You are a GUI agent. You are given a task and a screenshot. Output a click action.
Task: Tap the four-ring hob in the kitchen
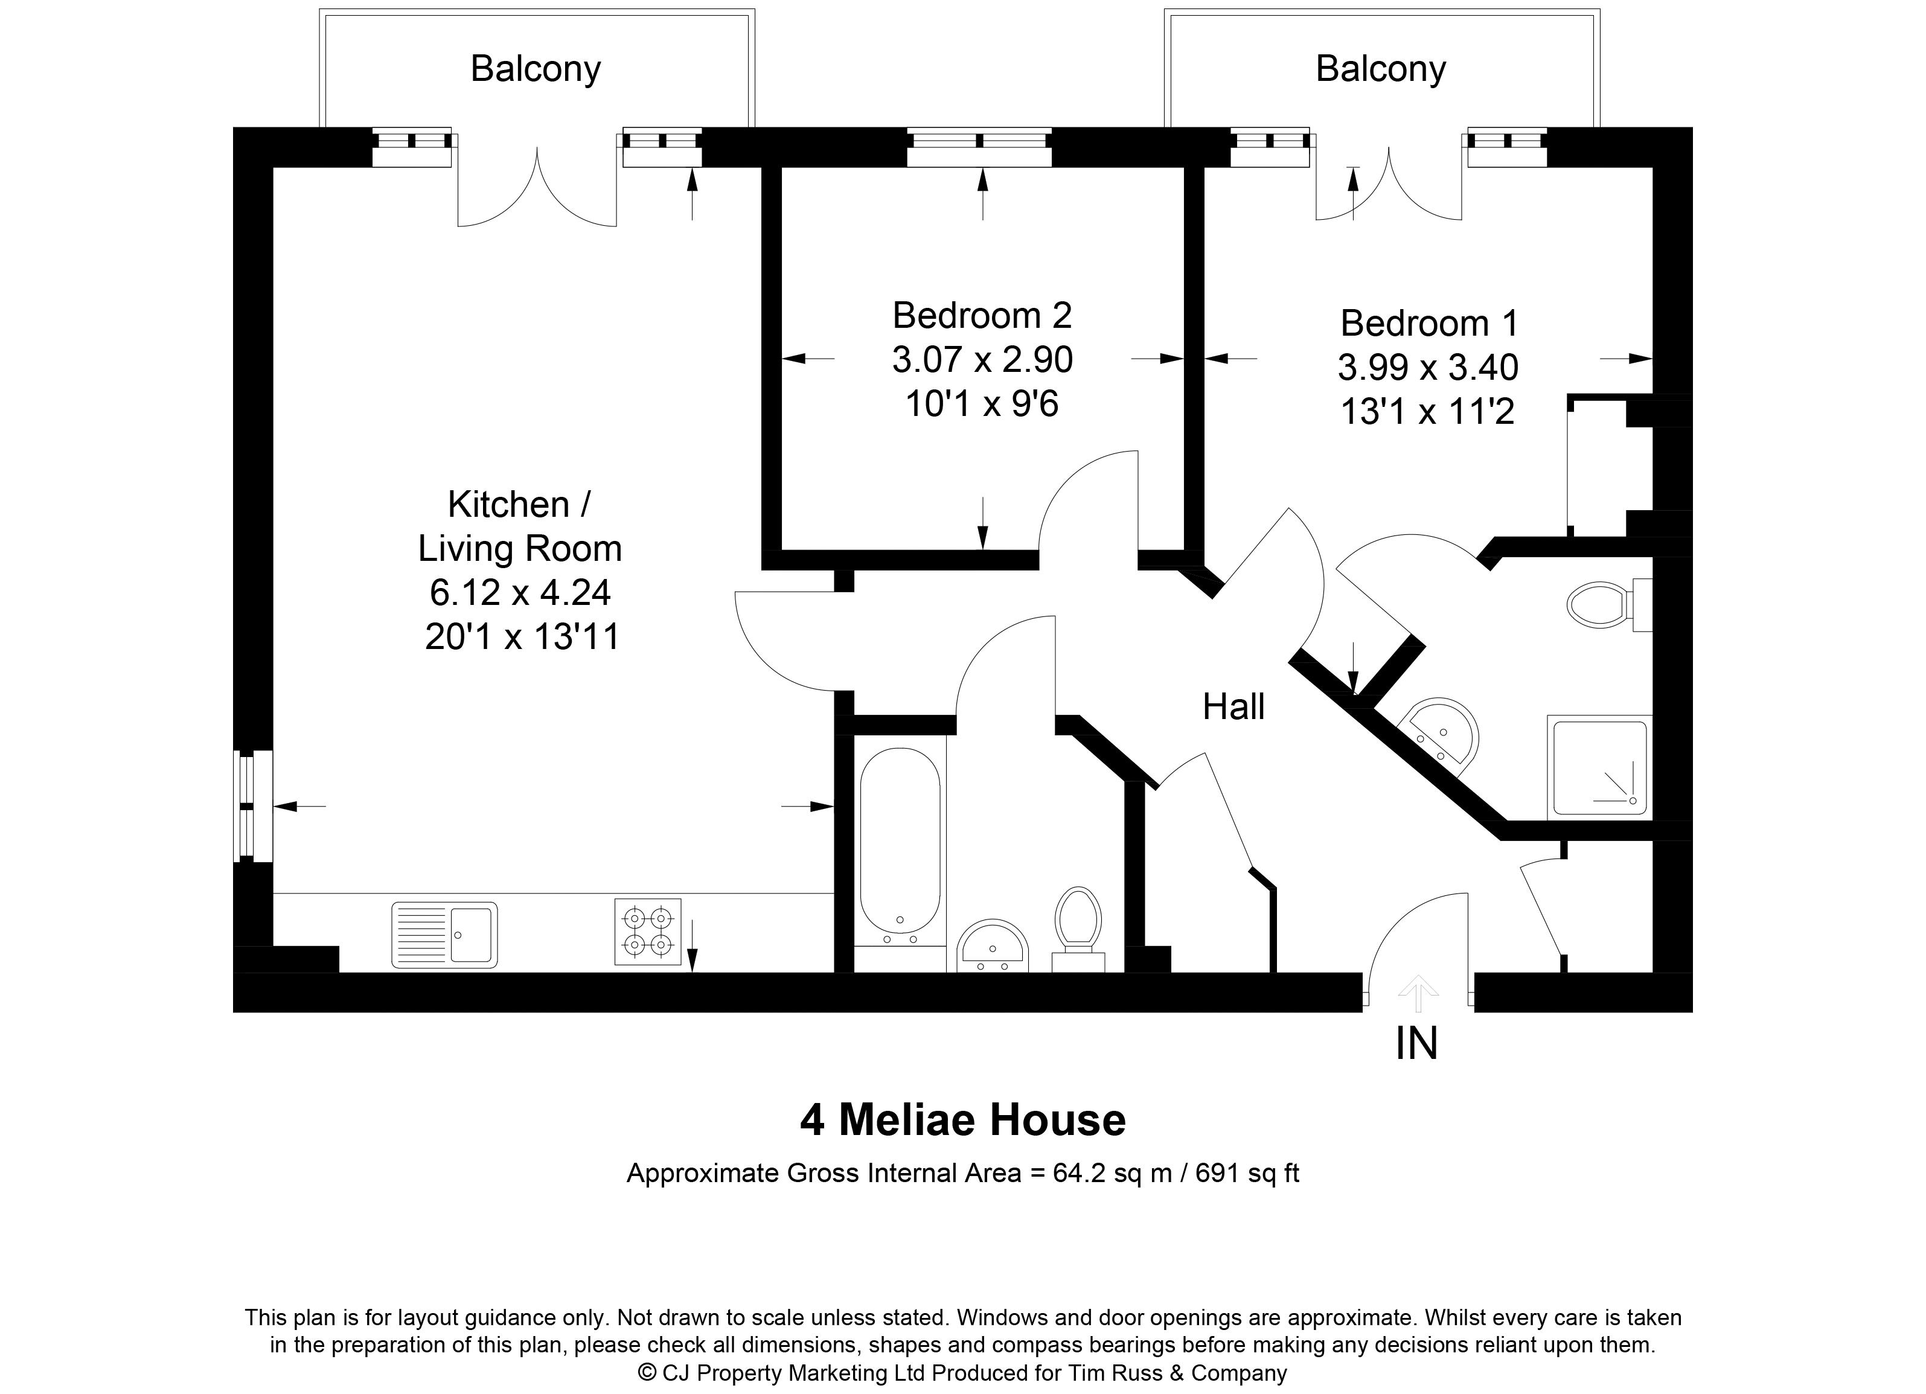(648, 932)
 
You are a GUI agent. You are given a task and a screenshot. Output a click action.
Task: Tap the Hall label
(1233, 707)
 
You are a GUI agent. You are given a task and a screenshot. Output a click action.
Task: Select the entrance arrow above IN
(1417, 991)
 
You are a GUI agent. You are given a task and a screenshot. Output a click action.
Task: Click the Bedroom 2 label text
(982, 316)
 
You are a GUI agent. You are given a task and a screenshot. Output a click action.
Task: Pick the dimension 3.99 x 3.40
(1427, 368)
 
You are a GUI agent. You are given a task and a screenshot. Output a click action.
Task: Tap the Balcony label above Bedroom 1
(1380, 69)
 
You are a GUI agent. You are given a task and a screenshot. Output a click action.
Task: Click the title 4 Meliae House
(962, 1120)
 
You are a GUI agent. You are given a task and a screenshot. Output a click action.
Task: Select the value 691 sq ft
(1247, 1173)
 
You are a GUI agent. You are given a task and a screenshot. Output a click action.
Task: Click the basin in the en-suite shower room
(1439, 730)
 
